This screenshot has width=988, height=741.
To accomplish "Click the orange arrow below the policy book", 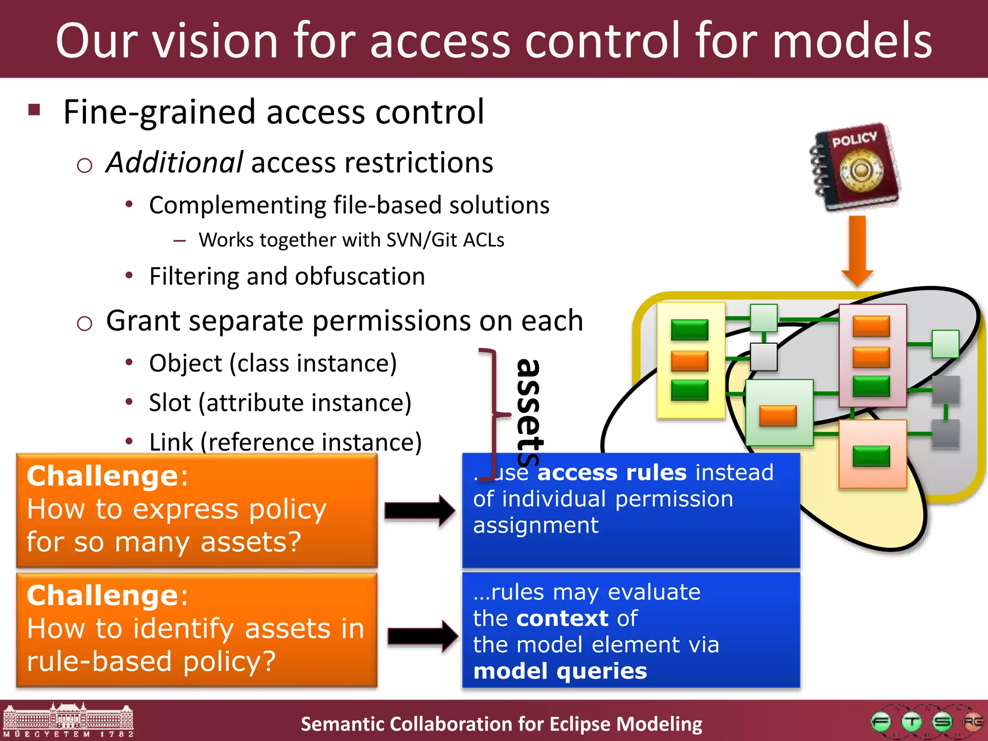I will tap(857, 251).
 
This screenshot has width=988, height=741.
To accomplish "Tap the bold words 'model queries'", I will tap(560, 671).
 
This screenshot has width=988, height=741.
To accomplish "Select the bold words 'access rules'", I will tap(612, 472).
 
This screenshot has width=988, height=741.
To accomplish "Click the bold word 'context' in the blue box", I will tap(562, 618).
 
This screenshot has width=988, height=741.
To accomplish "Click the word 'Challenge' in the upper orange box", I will tap(103, 476).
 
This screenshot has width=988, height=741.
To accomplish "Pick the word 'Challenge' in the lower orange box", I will tap(103, 595).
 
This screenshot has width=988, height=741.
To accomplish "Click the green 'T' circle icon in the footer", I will tap(911, 722).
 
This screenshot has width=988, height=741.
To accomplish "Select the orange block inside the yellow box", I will tap(689, 361).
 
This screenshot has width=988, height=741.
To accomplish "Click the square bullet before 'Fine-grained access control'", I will tap(34, 110).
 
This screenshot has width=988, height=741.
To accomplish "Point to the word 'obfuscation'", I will tap(360, 276).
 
